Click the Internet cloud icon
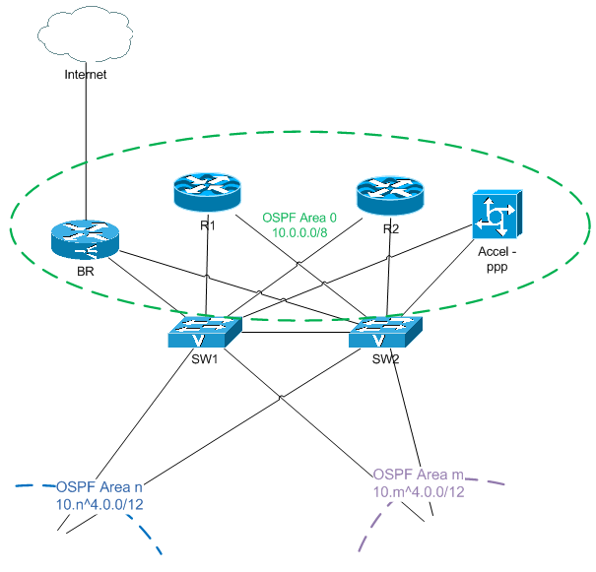[87, 34]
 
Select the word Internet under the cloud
[85, 74]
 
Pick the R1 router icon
[205, 190]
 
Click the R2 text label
[391, 230]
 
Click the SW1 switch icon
[204, 332]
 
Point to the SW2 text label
[385, 359]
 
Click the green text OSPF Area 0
[299, 217]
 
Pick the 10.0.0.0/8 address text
[299, 233]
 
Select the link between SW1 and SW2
[295, 333]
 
